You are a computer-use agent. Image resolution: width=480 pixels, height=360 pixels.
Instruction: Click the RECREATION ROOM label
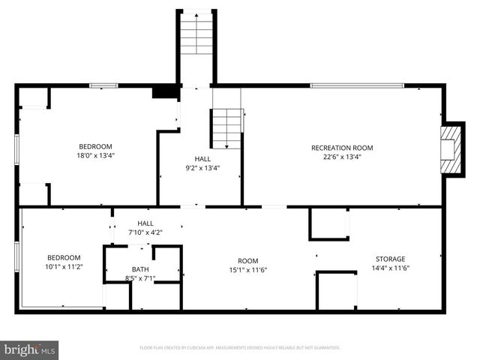(342, 148)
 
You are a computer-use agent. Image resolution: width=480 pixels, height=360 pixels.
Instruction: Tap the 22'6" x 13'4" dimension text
(342, 157)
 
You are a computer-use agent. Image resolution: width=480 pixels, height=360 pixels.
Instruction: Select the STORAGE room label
(390, 259)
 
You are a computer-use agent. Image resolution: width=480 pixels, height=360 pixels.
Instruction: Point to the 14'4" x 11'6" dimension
(390, 268)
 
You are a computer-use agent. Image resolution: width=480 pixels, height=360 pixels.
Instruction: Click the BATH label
(140, 269)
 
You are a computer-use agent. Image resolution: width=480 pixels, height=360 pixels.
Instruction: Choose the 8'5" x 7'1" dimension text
(140, 278)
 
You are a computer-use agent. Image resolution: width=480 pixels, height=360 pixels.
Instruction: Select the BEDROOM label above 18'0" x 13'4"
(96, 146)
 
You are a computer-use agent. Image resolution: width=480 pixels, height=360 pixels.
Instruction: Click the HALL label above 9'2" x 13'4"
(202, 159)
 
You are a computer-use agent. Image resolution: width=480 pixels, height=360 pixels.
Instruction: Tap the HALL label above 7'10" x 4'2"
(145, 223)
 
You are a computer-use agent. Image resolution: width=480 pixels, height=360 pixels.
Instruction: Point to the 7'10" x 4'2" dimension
(145, 232)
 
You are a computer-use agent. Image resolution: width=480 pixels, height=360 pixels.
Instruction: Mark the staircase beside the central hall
(228, 128)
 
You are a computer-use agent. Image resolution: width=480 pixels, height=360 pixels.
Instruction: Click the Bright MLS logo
(30, 349)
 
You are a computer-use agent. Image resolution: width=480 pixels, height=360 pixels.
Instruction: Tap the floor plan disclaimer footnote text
(240, 348)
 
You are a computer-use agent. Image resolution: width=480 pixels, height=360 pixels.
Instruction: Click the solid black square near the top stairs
(163, 92)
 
